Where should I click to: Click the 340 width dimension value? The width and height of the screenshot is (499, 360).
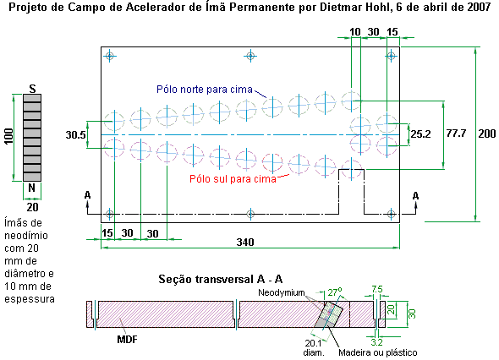tap(245, 243)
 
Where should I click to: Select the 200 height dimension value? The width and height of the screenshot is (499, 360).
tap(487, 134)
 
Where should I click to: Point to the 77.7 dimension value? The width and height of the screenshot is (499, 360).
tap(457, 134)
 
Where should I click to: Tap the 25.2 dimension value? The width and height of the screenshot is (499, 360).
tap(420, 134)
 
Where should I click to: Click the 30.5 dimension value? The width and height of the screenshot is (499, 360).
tap(76, 135)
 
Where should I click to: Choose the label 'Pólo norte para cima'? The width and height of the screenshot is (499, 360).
tap(205, 90)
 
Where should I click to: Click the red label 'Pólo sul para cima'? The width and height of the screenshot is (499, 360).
tap(233, 178)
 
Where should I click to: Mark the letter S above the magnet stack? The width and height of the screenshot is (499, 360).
tap(32, 89)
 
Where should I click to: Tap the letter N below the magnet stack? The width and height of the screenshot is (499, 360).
tap(31, 188)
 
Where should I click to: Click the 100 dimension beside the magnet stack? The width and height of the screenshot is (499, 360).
tap(8, 136)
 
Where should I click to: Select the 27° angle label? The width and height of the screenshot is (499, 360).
tap(335, 292)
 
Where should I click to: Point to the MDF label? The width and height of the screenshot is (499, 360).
tap(128, 340)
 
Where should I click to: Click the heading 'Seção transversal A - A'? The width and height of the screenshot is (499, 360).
tap(221, 279)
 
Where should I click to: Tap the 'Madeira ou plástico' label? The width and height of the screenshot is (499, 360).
tap(378, 352)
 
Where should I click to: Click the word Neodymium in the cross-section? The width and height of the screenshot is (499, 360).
tap(282, 292)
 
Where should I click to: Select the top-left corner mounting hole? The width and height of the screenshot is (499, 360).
tap(110, 57)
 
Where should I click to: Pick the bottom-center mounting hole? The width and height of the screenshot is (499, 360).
tap(250, 214)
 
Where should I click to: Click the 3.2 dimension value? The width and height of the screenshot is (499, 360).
tap(376, 342)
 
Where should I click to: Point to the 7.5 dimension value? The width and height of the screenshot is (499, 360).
tap(377, 289)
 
